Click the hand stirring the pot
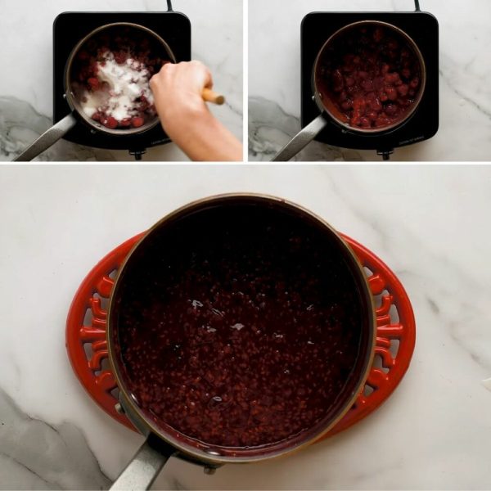click(x=180, y=90)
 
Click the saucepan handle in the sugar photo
click(x=45, y=139)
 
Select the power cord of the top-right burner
click(x=417, y=5)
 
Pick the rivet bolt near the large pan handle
click(x=210, y=469)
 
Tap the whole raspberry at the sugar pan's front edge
click(x=110, y=122)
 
